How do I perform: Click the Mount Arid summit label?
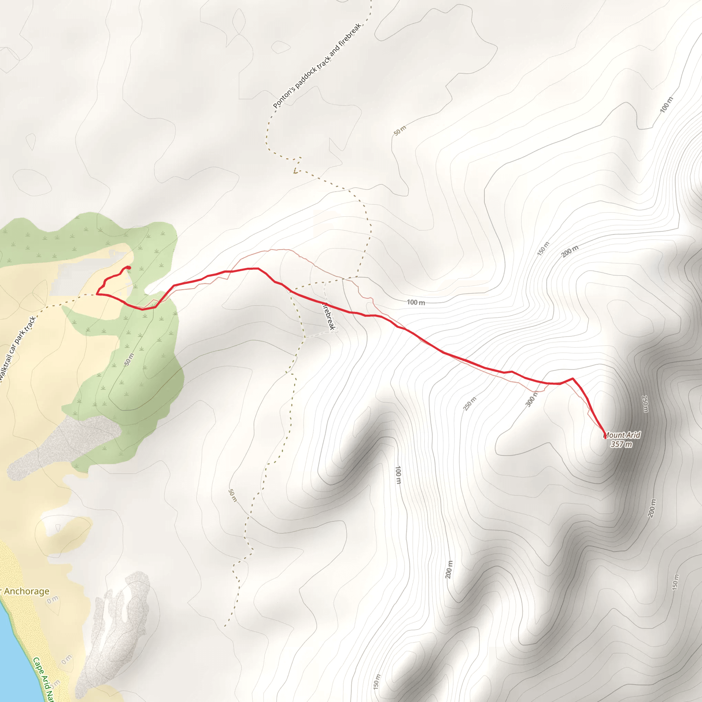[622, 435]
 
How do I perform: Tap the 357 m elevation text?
[621, 444]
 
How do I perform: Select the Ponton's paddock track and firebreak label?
[317, 66]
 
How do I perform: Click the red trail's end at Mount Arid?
[605, 438]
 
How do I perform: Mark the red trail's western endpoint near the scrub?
[128, 268]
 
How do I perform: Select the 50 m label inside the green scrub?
[129, 359]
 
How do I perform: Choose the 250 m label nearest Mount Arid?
[645, 404]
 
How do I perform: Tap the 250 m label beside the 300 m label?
[470, 404]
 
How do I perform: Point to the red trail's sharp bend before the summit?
[573, 379]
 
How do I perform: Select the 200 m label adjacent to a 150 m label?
[569, 251]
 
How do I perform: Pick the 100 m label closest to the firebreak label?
[416, 302]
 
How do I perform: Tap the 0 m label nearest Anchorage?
[53, 600]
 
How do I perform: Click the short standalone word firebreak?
[329, 316]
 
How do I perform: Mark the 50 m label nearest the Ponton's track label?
[400, 131]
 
